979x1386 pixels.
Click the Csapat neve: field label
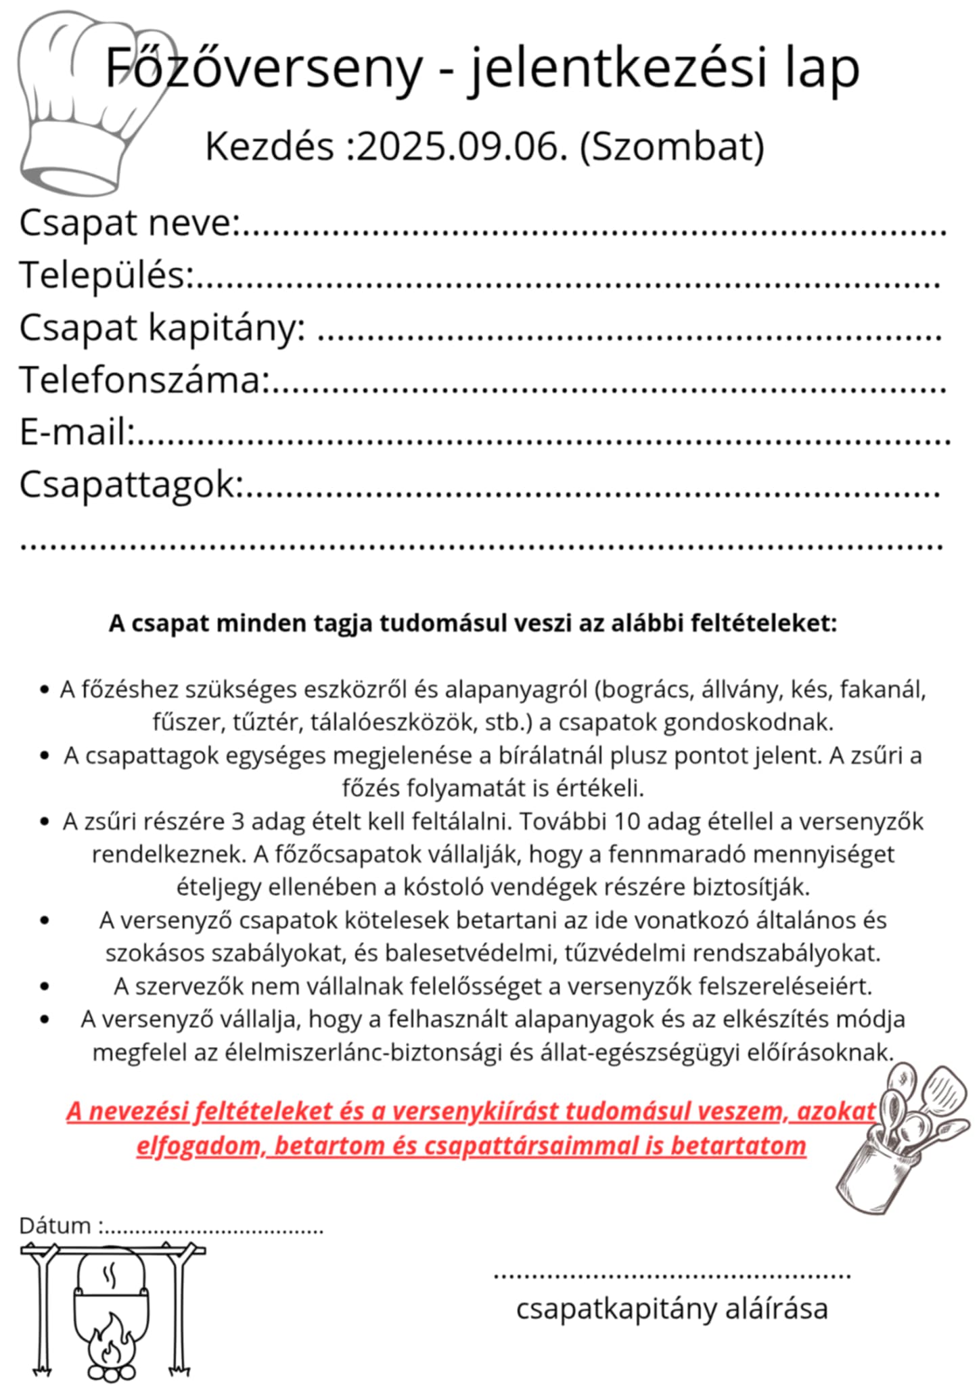click(129, 223)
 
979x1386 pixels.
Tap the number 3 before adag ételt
click(237, 822)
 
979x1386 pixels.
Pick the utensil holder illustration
click(903, 1137)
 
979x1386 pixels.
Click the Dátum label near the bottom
click(55, 1226)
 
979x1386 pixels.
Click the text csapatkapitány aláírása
click(672, 1308)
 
